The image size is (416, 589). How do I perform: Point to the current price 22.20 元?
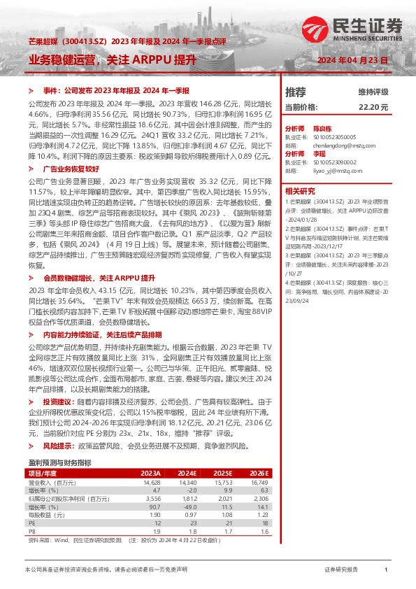(x=373, y=107)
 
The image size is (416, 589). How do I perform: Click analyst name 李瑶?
(x=319, y=153)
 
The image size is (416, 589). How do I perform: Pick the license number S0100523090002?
(x=334, y=162)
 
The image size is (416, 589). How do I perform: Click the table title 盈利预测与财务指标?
(x=59, y=462)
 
